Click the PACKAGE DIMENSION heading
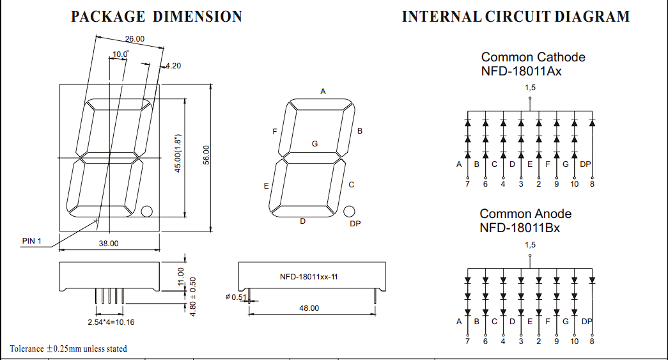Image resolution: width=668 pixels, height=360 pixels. (156, 17)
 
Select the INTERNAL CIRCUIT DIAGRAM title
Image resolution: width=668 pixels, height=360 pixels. (515, 17)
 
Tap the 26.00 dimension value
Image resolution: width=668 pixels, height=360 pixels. (134, 39)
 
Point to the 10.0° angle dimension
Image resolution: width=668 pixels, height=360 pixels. (121, 54)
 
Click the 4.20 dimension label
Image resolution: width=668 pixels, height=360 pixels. (173, 66)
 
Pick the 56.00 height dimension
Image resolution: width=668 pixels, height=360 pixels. (206, 155)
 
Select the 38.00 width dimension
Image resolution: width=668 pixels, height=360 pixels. (108, 244)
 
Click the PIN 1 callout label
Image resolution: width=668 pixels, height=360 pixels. (32, 241)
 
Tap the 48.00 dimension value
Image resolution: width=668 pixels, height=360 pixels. (309, 308)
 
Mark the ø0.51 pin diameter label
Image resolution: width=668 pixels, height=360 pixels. (236, 297)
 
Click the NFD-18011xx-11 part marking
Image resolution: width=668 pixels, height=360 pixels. (308, 277)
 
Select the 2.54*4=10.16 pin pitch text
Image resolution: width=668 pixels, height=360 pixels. (111, 322)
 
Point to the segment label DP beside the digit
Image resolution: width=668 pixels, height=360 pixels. (355, 223)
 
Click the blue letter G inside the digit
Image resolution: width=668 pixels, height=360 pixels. (315, 144)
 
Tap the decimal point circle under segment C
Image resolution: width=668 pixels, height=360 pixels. (349, 211)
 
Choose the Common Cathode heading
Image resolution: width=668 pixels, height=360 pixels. (533, 58)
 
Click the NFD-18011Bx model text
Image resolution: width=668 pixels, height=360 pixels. (520, 228)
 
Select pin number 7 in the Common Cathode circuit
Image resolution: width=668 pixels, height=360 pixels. (467, 184)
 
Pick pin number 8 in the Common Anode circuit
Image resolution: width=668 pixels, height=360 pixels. (592, 341)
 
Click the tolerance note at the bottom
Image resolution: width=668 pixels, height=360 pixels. (68, 349)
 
